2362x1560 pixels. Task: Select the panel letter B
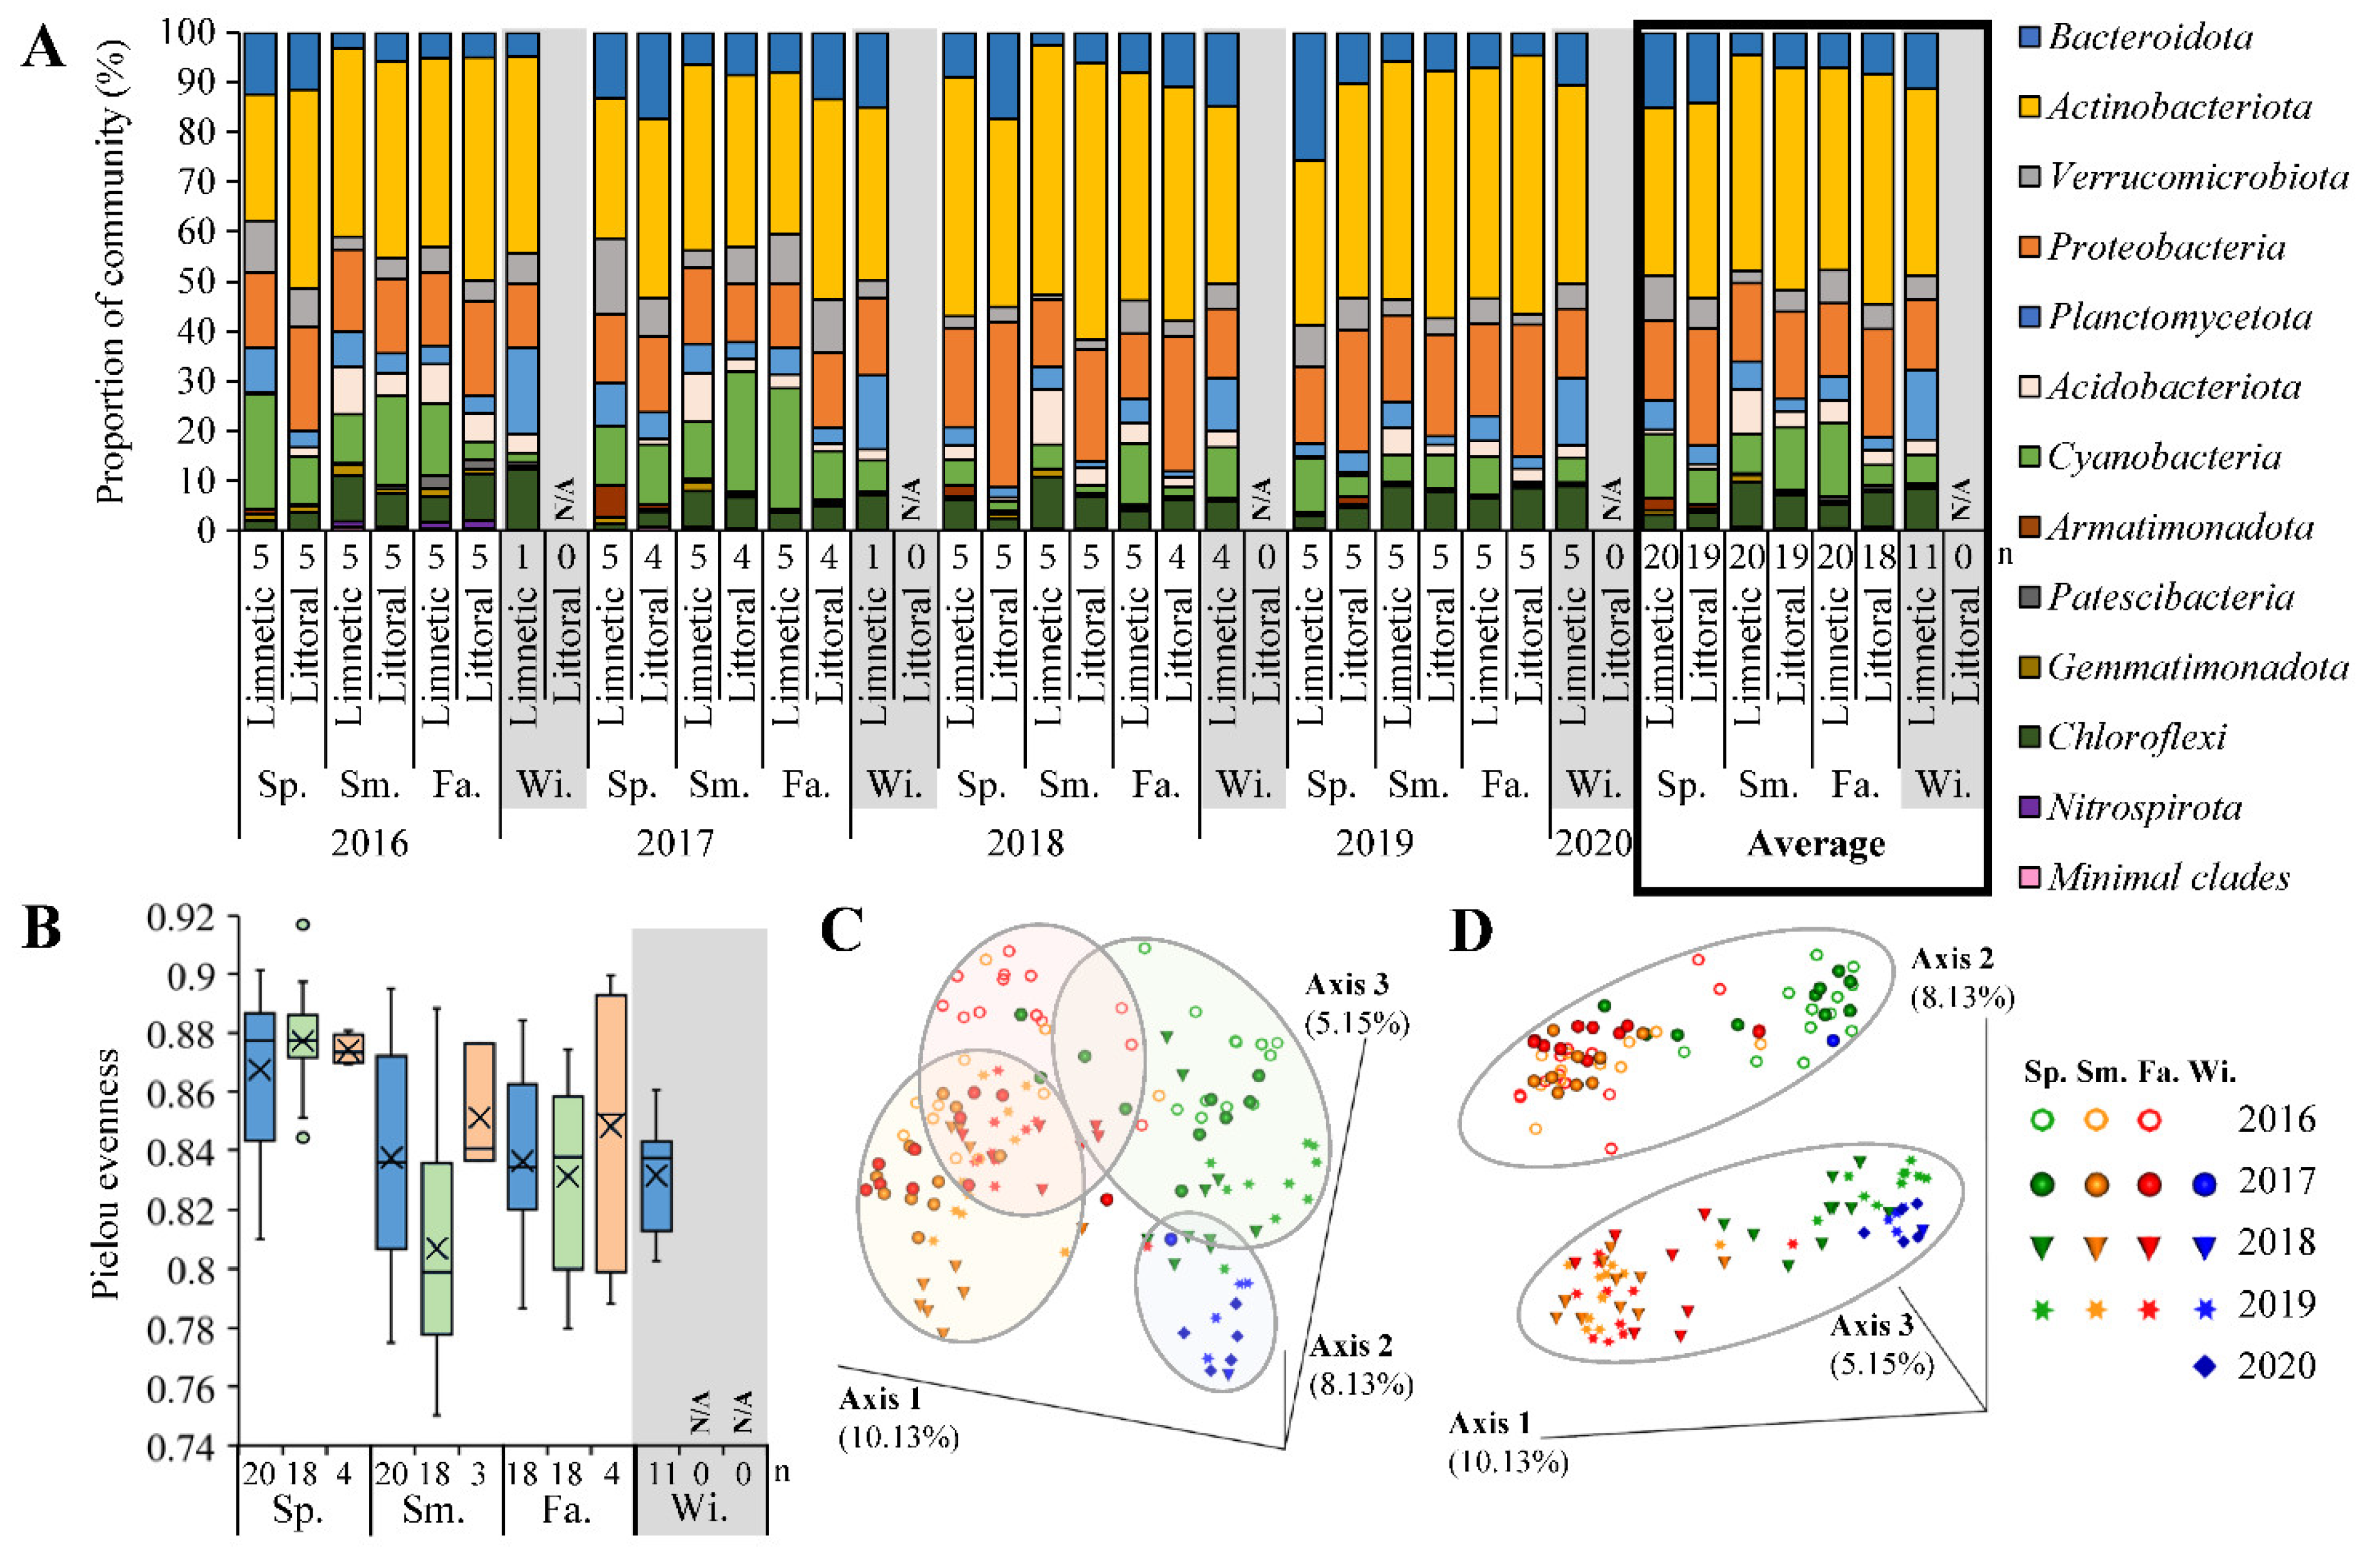click(42, 928)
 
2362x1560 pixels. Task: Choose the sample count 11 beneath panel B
click(662, 1474)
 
